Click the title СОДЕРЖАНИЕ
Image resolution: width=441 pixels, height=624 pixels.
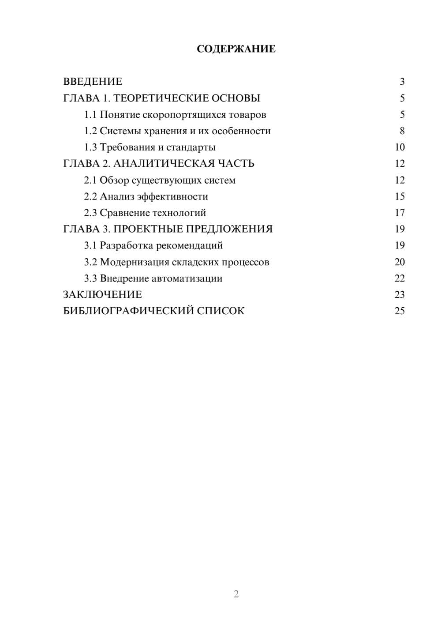click(x=236, y=49)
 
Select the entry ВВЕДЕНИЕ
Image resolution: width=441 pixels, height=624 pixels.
click(x=93, y=82)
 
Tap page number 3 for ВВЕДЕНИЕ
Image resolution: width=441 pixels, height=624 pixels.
click(x=402, y=82)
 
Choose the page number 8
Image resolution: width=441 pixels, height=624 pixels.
click(x=402, y=131)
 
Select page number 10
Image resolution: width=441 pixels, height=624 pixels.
click(x=400, y=147)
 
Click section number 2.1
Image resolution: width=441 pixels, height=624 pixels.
click(x=90, y=180)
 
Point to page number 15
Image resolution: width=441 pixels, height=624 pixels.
click(x=400, y=196)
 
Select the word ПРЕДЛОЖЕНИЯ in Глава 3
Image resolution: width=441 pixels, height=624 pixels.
click(x=229, y=229)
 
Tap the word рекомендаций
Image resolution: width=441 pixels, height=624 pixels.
click(x=189, y=245)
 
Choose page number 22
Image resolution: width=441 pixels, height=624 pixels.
click(x=400, y=278)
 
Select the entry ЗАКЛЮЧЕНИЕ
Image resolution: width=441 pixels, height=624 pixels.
click(x=102, y=295)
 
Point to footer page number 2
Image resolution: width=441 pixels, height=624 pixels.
click(x=236, y=594)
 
